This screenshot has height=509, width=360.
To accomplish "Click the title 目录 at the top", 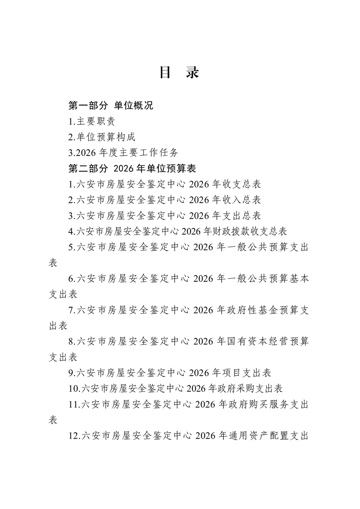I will point(179,73).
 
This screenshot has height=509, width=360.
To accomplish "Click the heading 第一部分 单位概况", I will point(110,106).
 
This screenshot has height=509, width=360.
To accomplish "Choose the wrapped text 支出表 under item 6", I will point(63,294).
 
